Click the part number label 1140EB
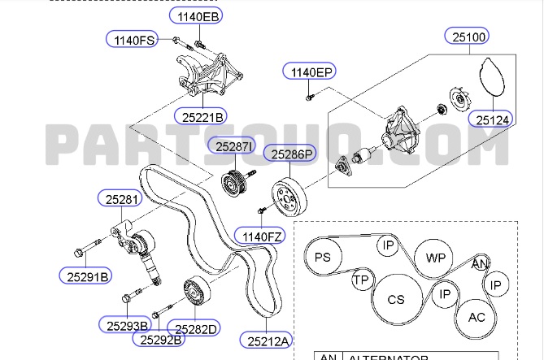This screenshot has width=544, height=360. coord(196,15)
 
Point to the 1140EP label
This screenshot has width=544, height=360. coord(308,72)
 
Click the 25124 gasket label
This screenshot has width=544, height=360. coord(493,119)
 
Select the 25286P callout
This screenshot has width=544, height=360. coord(293,153)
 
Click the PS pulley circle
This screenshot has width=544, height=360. coord(324,257)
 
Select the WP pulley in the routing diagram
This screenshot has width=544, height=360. coord(435,258)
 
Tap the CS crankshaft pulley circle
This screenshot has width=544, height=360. coord(396,300)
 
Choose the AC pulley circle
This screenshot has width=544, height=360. coord(476,316)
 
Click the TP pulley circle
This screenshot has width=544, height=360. coord(361,280)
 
